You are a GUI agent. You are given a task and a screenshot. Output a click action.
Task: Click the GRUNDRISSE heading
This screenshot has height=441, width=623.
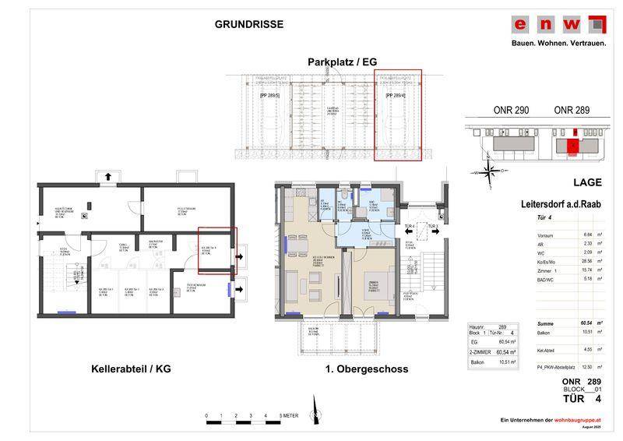click(248, 24)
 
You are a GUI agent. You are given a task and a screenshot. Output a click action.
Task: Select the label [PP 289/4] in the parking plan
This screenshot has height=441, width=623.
click(397, 95)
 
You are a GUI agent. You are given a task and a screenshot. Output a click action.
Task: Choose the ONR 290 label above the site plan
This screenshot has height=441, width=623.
click(511, 111)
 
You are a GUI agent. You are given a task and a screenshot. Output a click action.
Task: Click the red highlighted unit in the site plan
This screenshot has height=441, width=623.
click(572, 146)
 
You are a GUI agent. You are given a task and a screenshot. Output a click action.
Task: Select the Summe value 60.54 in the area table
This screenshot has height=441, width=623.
click(586, 323)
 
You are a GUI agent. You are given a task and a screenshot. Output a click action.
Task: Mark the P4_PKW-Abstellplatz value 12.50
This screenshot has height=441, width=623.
click(587, 366)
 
